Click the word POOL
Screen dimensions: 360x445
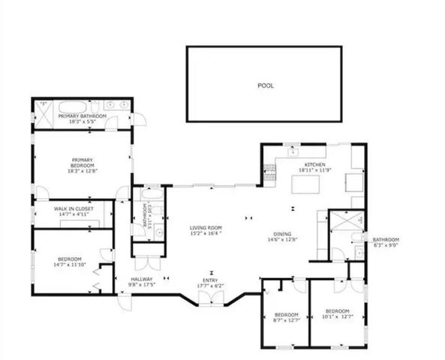(x=266, y=85)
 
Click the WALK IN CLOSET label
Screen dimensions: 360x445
(x=71, y=209)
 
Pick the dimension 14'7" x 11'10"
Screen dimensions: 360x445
(x=69, y=265)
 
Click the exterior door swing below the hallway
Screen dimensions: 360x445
(x=122, y=302)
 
